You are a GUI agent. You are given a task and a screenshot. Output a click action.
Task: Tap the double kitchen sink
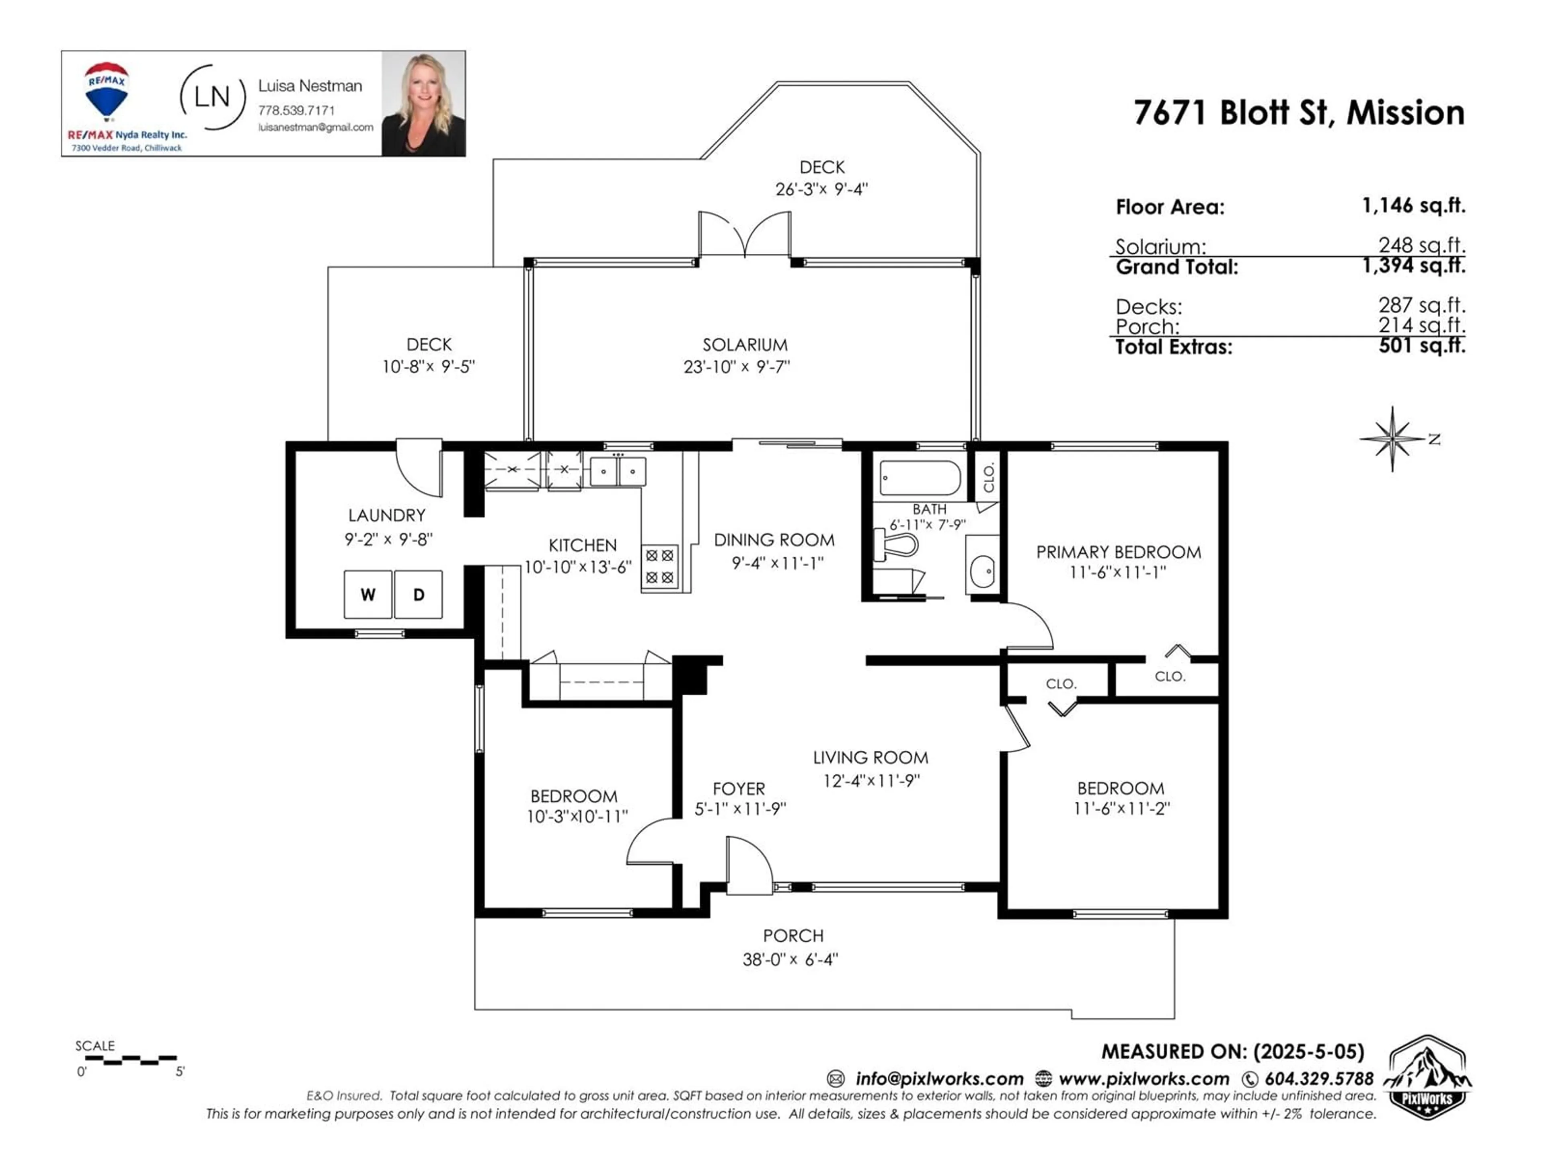(618, 471)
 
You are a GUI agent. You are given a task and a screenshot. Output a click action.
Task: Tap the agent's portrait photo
(423, 103)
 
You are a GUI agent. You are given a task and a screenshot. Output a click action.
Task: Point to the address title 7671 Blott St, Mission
(1299, 112)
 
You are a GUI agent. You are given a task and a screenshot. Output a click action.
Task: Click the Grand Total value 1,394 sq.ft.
(1414, 265)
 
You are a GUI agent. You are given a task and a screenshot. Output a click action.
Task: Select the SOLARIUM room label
(745, 345)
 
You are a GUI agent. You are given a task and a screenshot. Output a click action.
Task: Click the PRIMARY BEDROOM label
(1118, 552)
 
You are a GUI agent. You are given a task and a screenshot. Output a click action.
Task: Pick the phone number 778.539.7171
(297, 110)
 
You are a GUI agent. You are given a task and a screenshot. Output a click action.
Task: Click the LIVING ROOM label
(871, 758)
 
